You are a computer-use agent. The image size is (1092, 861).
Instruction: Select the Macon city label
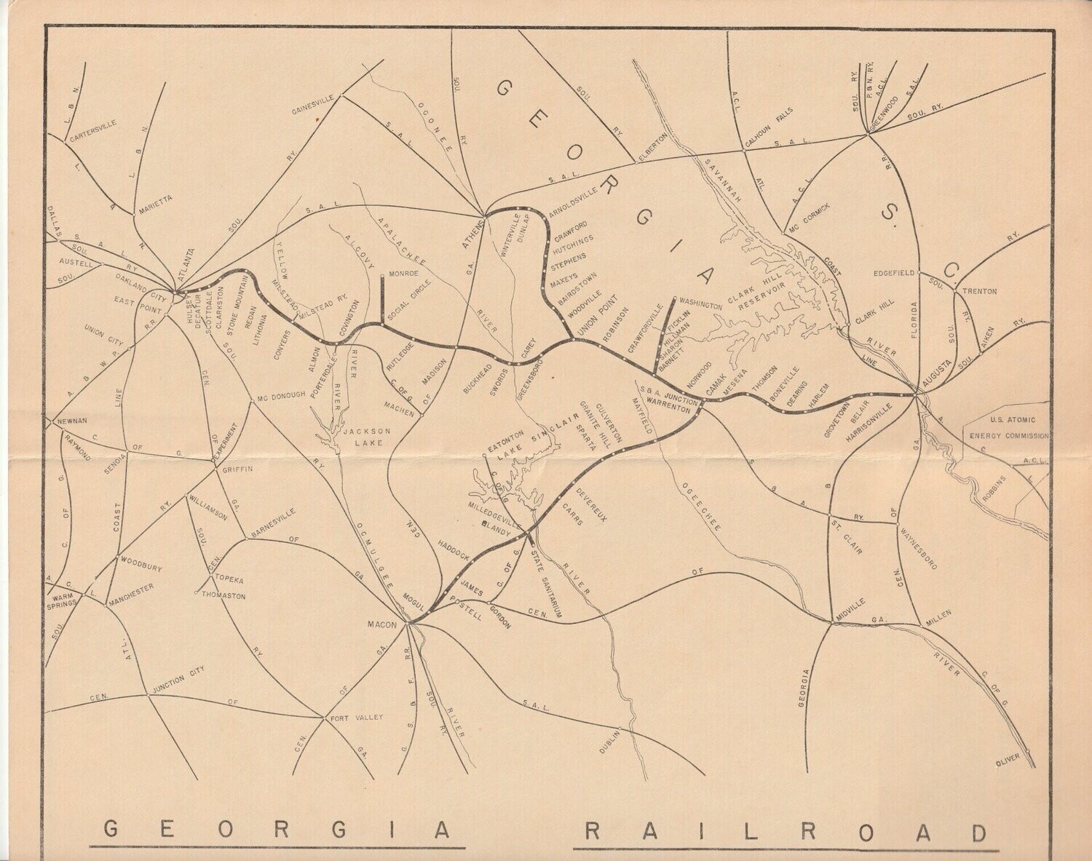pyautogui.click(x=381, y=624)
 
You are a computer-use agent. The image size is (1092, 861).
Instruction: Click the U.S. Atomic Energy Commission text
pyautogui.click(x=1008, y=428)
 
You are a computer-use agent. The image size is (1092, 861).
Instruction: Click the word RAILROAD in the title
pyautogui.click(x=786, y=830)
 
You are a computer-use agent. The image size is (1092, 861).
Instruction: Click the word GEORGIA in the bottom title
pyautogui.click(x=276, y=830)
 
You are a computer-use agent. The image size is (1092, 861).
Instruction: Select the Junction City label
pyautogui.click(x=179, y=677)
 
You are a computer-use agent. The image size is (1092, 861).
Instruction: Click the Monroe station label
pyautogui.click(x=404, y=274)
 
